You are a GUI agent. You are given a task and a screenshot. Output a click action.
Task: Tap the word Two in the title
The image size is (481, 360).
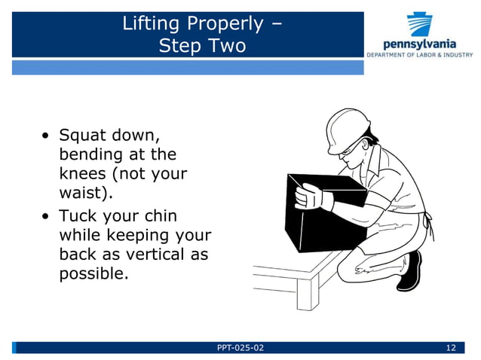pyautogui.click(x=226, y=45)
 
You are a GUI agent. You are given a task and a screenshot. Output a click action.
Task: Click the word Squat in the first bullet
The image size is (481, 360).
pyautogui.click(x=82, y=136)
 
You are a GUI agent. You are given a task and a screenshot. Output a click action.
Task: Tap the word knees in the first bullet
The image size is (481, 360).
pyautogui.click(x=80, y=174)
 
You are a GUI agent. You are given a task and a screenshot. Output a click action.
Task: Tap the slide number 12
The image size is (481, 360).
pyautogui.click(x=452, y=347)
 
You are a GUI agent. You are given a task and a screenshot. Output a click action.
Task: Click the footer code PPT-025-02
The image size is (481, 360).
pyautogui.click(x=240, y=347)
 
